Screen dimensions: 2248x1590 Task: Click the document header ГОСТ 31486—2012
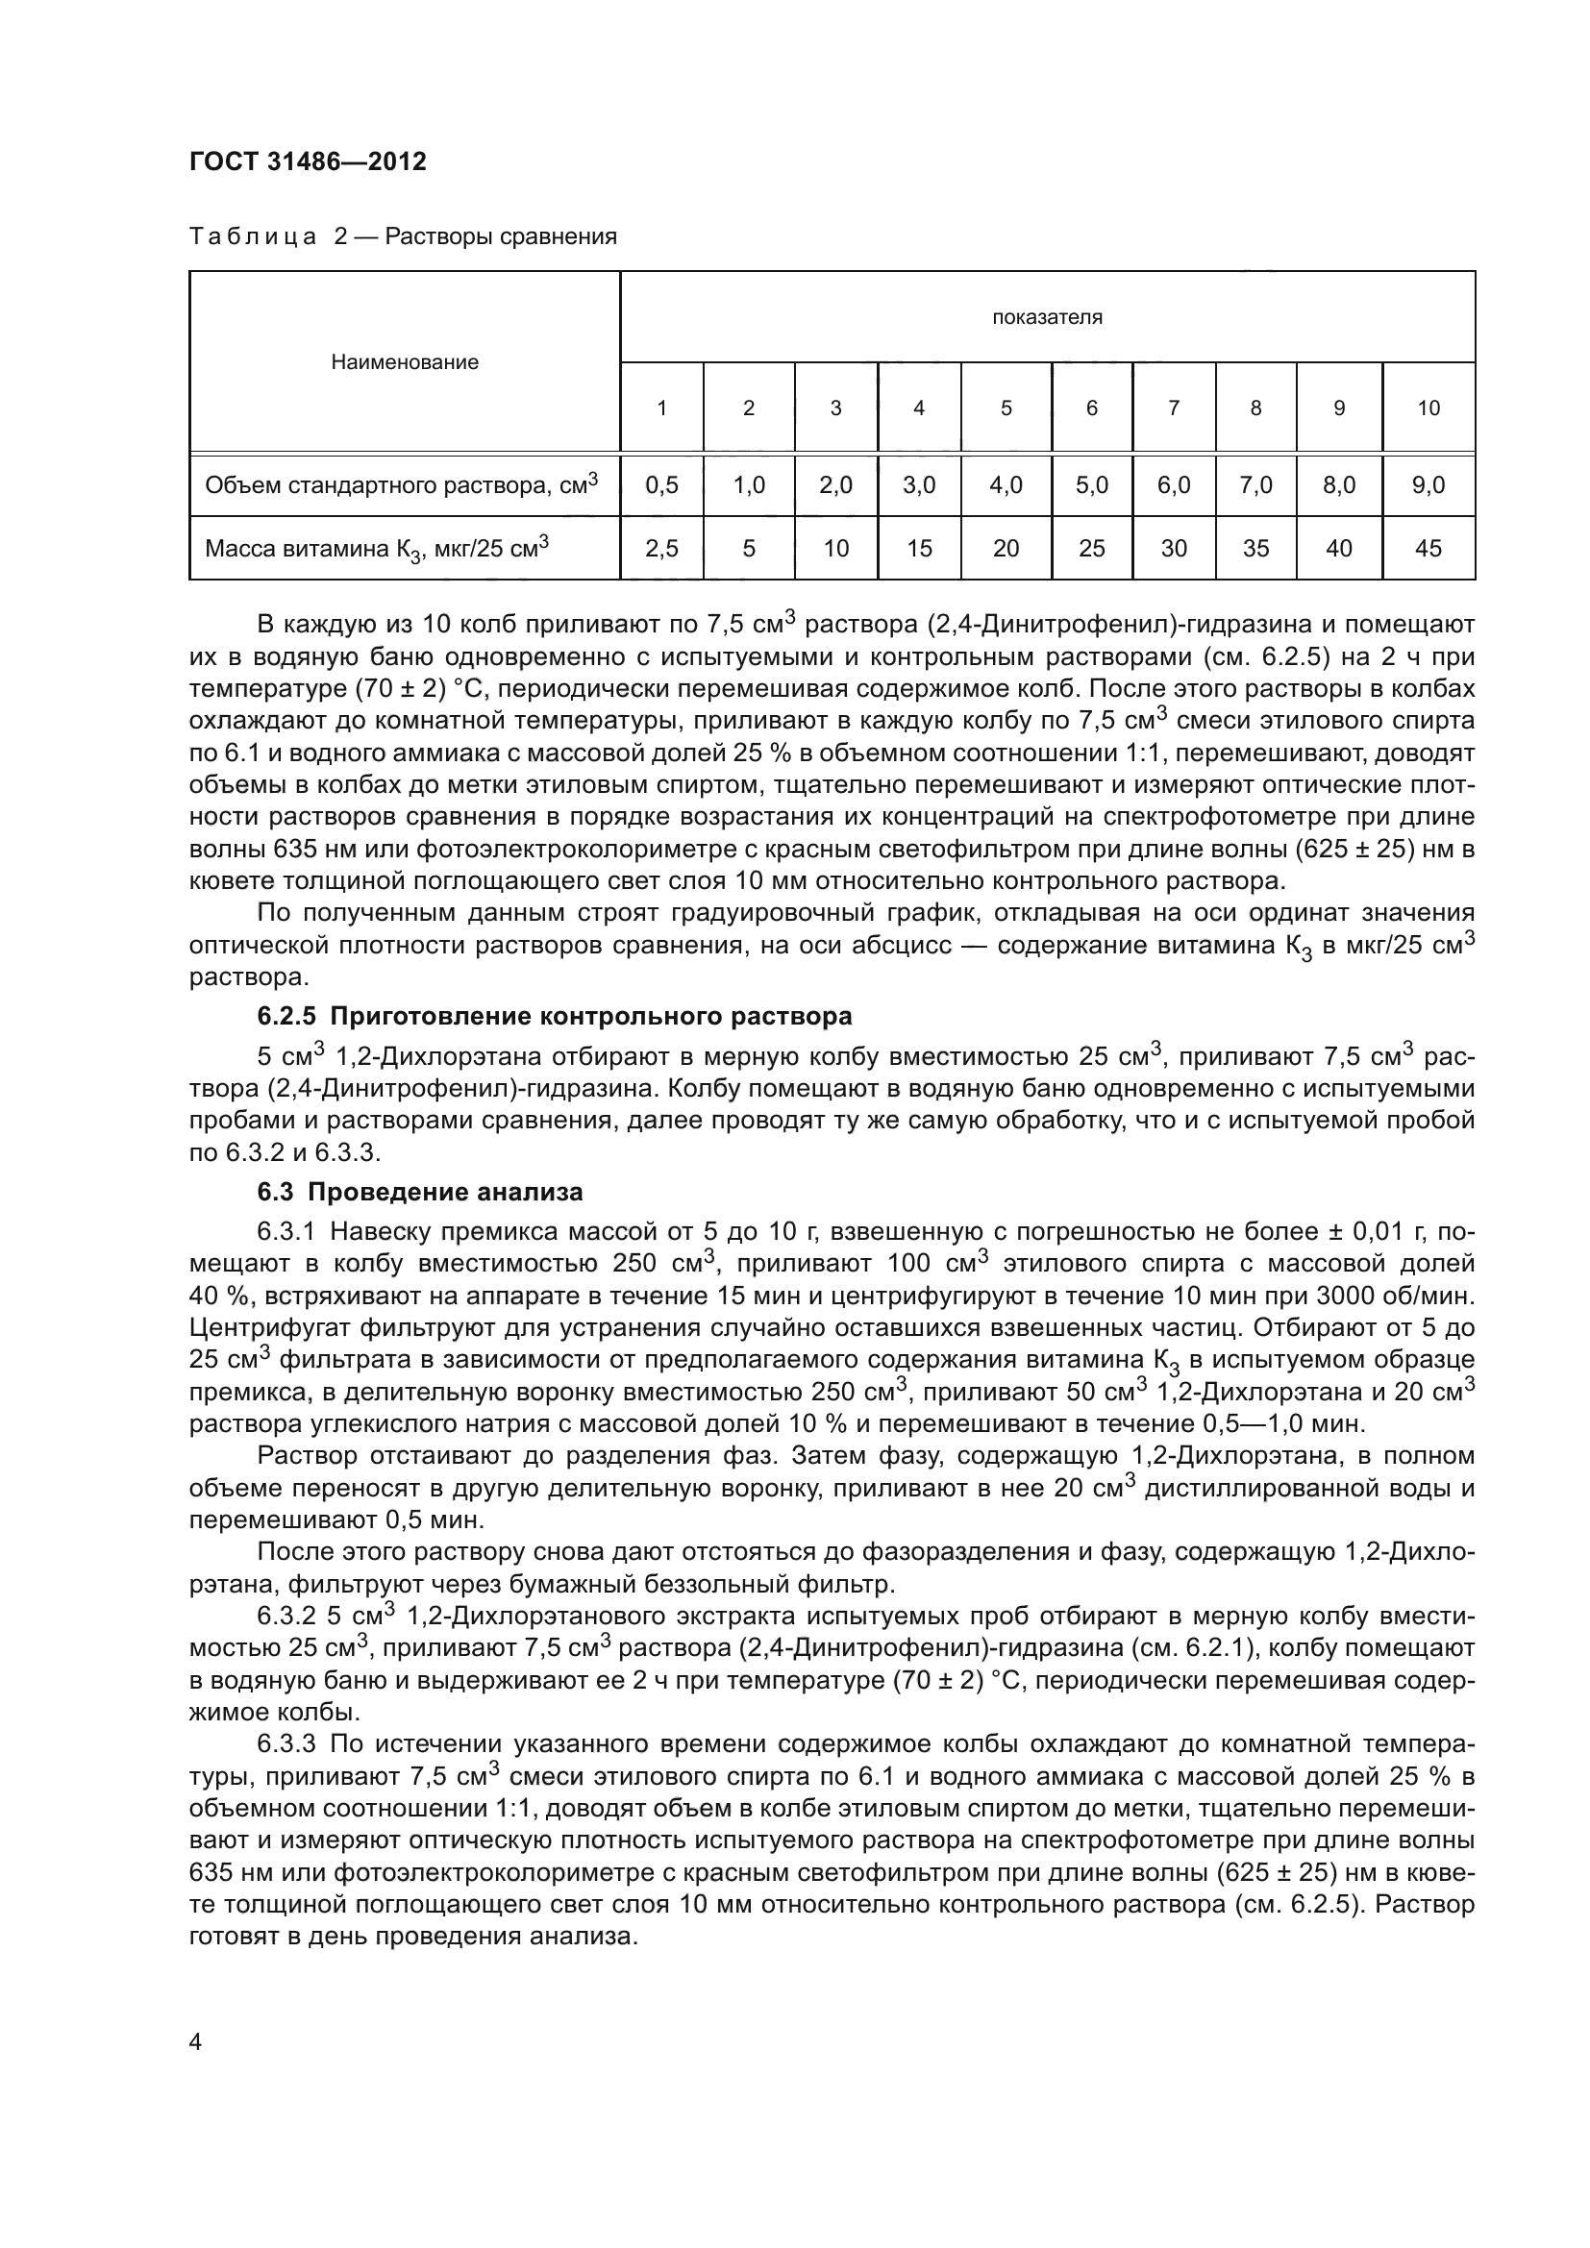pos(308,161)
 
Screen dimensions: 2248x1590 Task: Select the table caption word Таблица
pos(253,237)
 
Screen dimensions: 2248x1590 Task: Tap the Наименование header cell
pos(405,362)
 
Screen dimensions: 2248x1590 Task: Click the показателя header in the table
pos(1047,317)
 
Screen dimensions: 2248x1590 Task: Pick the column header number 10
pos(1428,408)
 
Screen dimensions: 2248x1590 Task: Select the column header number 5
pos(1006,408)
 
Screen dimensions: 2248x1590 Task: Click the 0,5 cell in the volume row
pos(661,484)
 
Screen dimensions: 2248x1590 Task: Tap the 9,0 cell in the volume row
pos(1428,484)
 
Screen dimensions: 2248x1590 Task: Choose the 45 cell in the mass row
pos(1428,548)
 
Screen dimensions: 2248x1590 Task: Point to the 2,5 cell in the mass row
pos(661,548)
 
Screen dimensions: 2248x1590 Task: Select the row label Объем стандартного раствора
pos(401,484)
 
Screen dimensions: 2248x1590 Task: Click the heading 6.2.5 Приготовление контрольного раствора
pos(554,1016)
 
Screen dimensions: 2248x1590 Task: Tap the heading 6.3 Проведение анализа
pos(420,1192)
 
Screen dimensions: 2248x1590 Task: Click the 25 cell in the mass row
pos(1091,548)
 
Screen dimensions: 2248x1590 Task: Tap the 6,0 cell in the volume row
pos(1173,484)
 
